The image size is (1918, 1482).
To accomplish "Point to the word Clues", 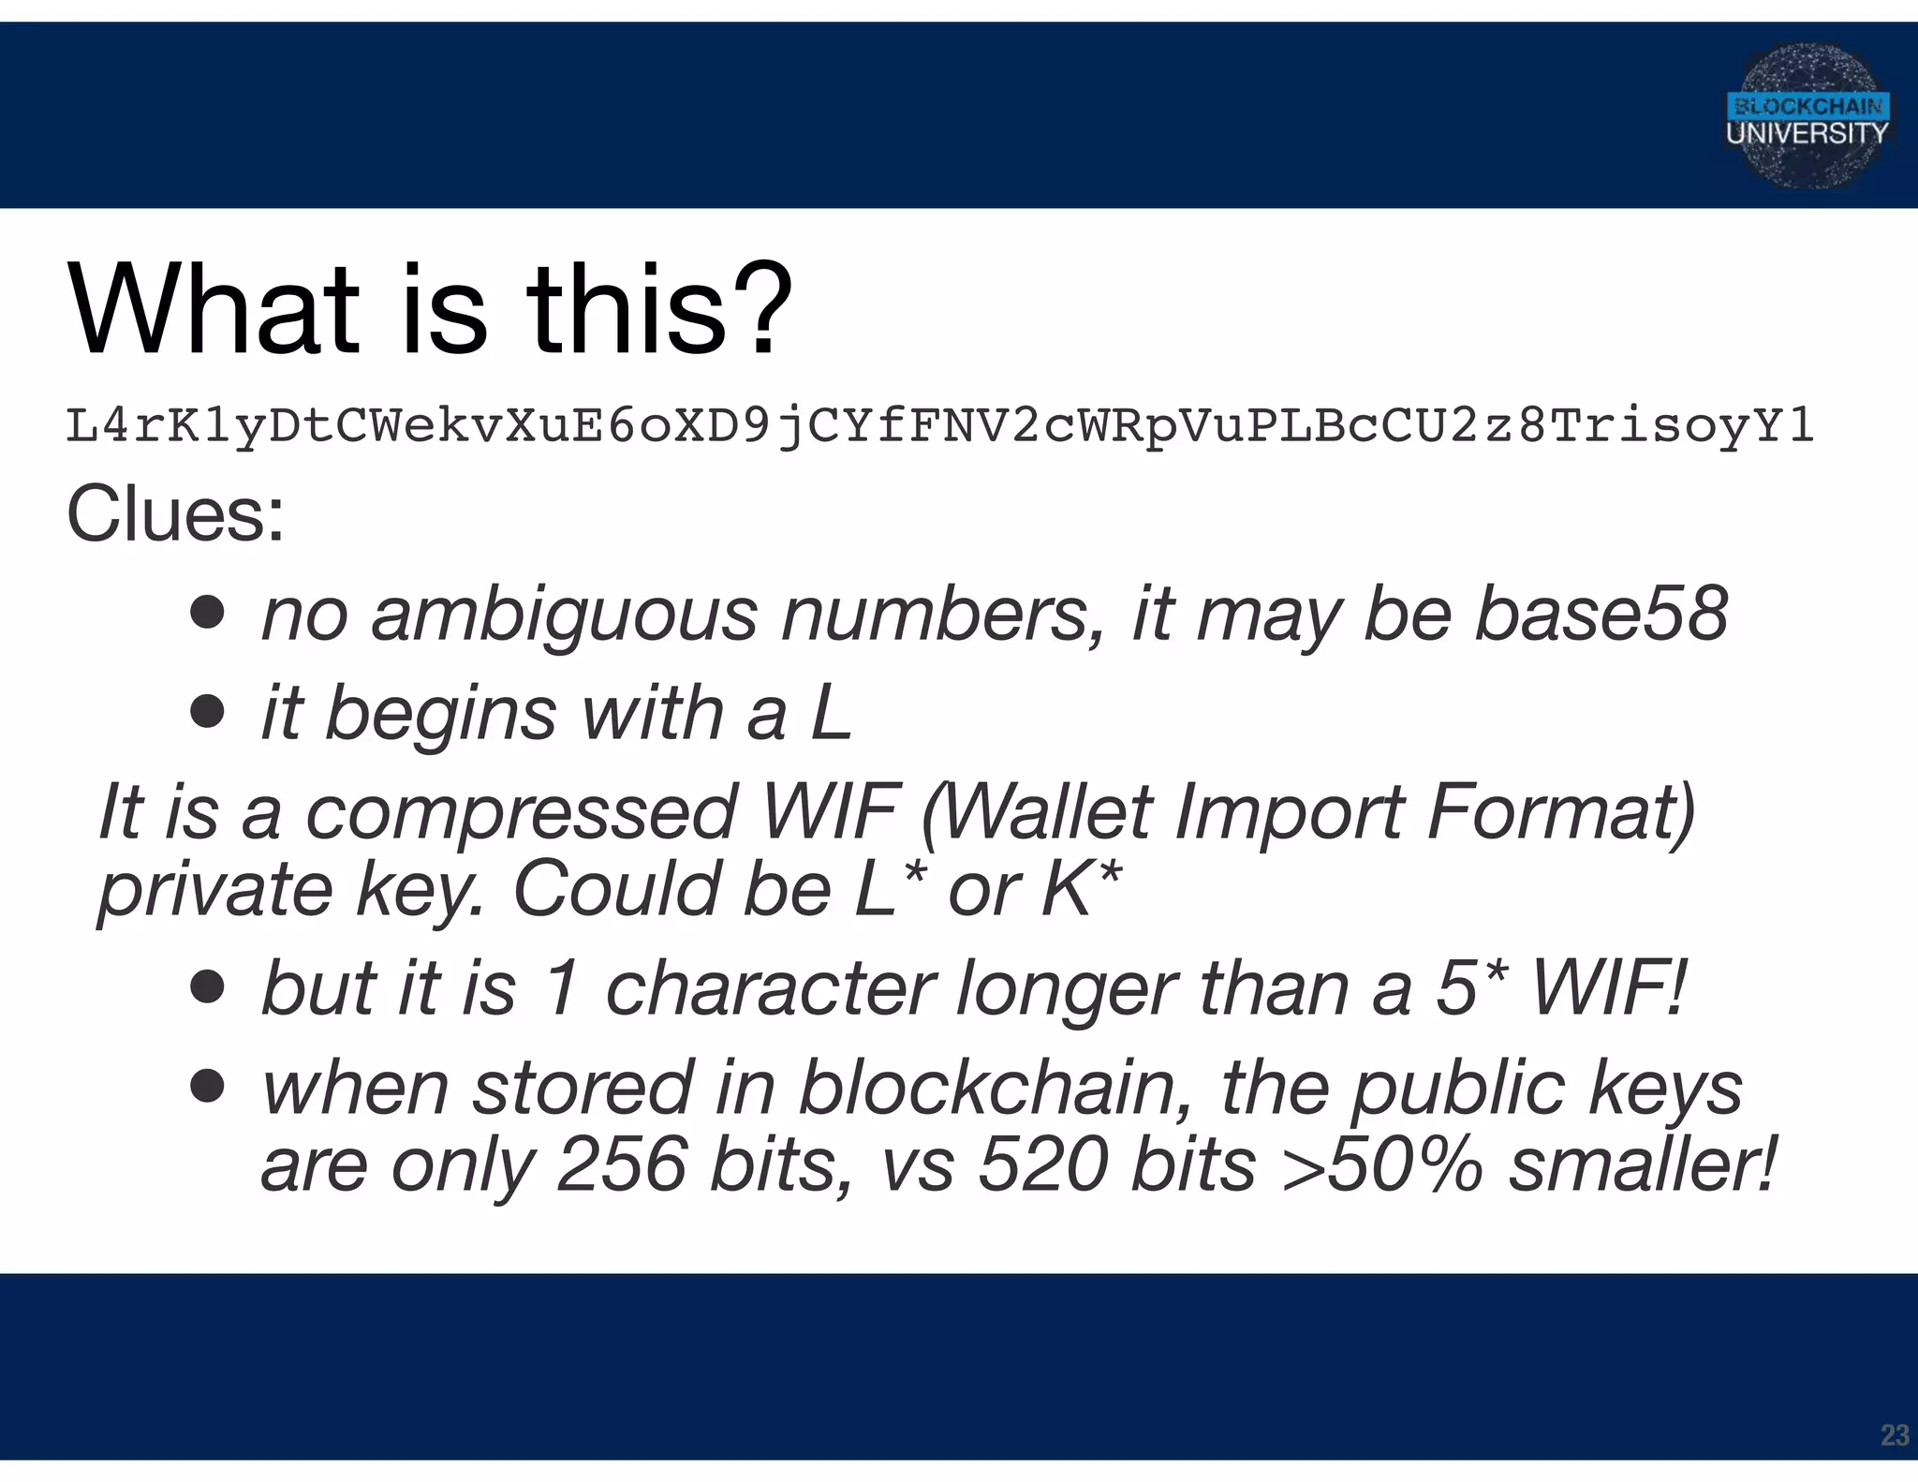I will click(175, 514).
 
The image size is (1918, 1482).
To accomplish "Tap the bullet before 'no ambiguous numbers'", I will click(207, 614).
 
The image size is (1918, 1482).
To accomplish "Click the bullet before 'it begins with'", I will click(207, 713).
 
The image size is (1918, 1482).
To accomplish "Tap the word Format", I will click(1560, 812).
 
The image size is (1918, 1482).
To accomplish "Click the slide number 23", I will click(1895, 1435).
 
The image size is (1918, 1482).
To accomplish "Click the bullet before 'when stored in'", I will click(207, 1087).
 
